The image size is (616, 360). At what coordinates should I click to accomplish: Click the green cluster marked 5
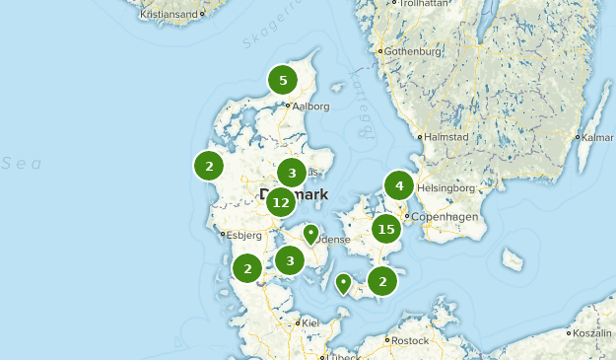(283, 80)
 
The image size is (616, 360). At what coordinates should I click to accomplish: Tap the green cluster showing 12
(281, 203)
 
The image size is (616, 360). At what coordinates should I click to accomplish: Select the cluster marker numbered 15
(385, 230)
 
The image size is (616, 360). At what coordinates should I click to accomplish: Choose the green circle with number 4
(399, 185)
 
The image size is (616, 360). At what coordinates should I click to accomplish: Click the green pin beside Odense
(310, 235)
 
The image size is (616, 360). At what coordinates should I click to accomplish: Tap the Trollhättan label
(424, 4)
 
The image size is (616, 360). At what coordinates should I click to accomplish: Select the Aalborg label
(310, 107)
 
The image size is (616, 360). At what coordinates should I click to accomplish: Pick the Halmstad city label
(446, 137)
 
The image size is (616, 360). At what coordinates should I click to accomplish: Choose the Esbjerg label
(243, 235)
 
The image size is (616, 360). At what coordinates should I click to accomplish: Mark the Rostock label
(410, 340)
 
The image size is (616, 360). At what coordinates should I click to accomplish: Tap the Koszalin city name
(593, 334)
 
